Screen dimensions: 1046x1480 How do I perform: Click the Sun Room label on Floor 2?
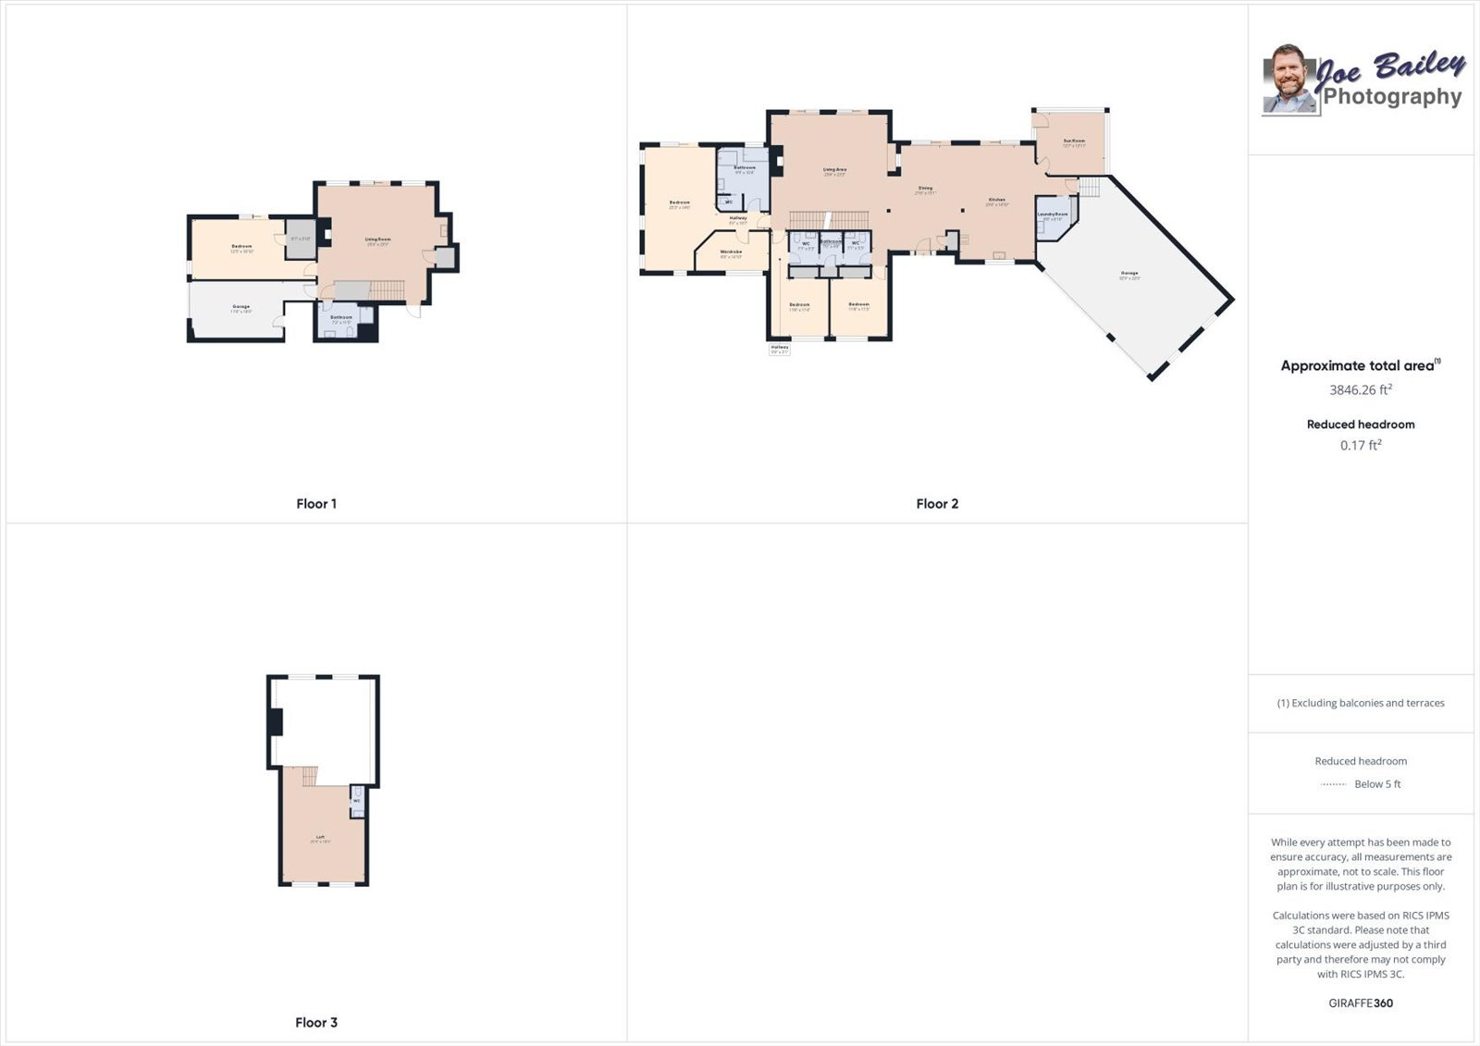(x=1073, y=142)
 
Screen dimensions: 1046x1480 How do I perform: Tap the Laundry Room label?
(x=1052, y=215)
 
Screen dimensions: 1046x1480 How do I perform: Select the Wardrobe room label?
(x=731, y=252)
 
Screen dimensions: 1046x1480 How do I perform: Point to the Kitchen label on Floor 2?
(x=996, y=201)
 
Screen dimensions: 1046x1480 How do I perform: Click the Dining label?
(x=925, y=189)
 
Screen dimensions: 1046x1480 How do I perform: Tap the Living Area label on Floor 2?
(x=834, y=170)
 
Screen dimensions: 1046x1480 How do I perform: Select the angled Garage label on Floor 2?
(x=1129, y=274)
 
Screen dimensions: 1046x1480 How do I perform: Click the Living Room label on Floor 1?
(x=377, y=240)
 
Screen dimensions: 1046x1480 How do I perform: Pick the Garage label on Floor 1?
(x=240, y=307)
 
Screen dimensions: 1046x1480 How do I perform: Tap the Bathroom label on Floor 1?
(x=341, y=317)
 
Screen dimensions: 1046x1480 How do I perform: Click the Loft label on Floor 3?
(x=320, y=838)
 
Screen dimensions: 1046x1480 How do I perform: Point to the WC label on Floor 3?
(x=356, y=801)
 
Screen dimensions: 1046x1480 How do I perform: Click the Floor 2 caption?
(x=937, y=504)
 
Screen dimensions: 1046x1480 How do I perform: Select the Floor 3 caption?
(x=316, y=1023)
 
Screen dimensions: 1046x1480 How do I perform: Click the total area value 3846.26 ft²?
(x=1360, y=390)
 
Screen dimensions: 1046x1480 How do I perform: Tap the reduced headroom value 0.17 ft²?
(x=1360, y=446)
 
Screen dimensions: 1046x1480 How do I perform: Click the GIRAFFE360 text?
(x=1360, y=1003)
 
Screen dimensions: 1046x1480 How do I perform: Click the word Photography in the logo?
(x=1392, y=97)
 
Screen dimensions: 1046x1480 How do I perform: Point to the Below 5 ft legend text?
(x=1376, y=784)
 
